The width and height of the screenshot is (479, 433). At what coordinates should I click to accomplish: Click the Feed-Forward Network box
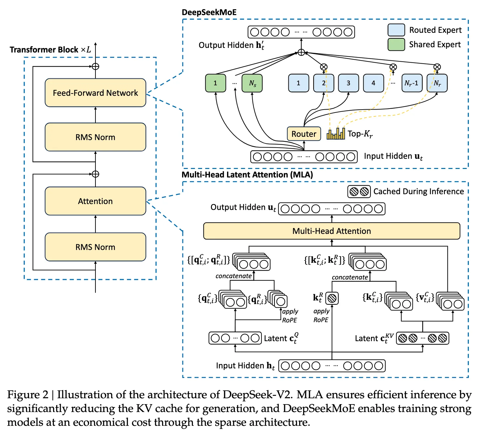pos(95,93)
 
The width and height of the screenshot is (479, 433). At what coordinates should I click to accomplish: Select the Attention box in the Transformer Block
pos(95,201)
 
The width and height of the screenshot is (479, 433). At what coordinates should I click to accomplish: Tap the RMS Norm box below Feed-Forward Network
pos(95,137)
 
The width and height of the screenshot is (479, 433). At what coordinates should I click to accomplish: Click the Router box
pos(304,134)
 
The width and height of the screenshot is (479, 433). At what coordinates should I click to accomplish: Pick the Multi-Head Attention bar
pos(331,231)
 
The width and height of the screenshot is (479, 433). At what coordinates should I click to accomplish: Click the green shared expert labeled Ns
pos(252,83)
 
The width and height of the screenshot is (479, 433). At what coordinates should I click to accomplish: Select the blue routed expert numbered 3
pos(348,83)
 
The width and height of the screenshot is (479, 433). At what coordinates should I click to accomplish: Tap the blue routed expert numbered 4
pos(373,83)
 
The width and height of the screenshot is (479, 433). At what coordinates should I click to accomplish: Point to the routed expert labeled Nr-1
pos(412,83)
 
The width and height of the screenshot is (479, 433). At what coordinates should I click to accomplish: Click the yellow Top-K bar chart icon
pos(336,134)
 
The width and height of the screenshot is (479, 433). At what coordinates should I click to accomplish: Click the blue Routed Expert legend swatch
pos(396,30)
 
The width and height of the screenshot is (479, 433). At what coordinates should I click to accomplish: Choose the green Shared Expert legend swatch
pos(396,44)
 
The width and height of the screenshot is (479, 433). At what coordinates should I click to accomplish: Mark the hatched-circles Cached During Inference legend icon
pos(359,192)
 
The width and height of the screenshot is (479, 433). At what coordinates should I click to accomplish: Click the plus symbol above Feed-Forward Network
pos(95,67)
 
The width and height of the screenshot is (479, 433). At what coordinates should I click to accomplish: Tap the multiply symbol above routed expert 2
pos(324,67)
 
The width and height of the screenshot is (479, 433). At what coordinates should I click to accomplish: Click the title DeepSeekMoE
pos(209,12)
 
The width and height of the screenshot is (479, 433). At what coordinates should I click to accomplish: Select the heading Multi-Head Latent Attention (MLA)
pos(247,175)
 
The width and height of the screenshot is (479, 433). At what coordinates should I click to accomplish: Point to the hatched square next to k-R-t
pos(332,298)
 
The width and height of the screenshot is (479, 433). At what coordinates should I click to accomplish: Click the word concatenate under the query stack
pos(233,276)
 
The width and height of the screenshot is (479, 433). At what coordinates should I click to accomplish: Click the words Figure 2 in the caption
pos(28,395)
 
